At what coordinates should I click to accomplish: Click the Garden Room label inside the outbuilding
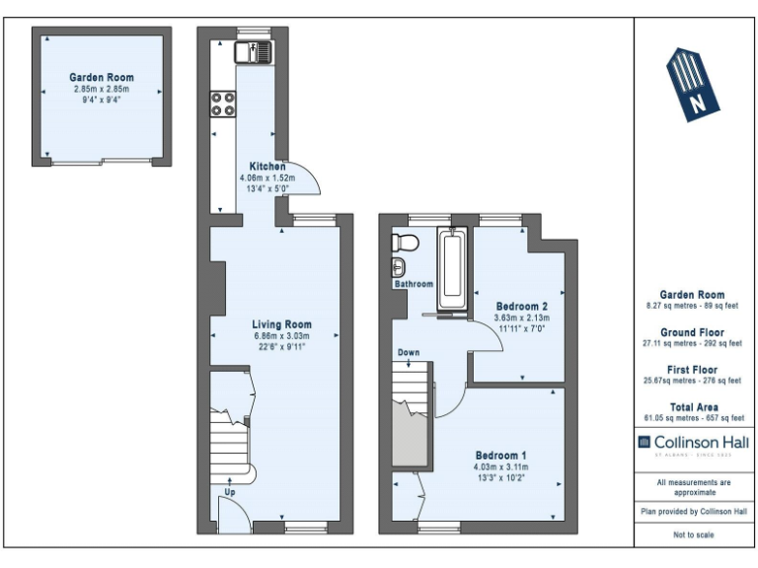(102, 77)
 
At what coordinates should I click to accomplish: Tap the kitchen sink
(252, 50)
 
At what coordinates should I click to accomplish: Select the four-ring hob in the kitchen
(222, 104)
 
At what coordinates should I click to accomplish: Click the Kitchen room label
(266, 167)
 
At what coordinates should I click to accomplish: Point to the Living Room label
(281, 324)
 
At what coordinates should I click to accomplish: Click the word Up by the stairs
(230, 490)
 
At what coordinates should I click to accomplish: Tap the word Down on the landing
(409, 352)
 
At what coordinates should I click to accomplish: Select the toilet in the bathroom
(402, 243)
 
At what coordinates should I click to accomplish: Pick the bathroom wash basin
(399, 267)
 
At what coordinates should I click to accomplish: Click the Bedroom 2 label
(520, 306)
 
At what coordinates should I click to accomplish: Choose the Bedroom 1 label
(500, 455)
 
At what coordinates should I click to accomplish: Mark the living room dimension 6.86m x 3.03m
(281, 335)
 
